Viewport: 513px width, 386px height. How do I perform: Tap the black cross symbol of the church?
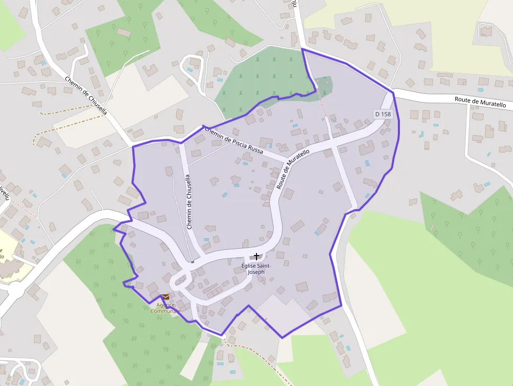coord(256,256)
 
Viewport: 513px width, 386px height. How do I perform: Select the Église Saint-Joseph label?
coord(256,269)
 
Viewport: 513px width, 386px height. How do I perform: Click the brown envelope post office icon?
coord(165,297)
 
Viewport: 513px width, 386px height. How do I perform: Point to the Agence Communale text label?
coord(165,308)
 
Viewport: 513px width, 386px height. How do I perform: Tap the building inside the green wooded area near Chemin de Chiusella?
coord(124,32)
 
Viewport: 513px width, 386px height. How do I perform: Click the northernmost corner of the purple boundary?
coord(303,49)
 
